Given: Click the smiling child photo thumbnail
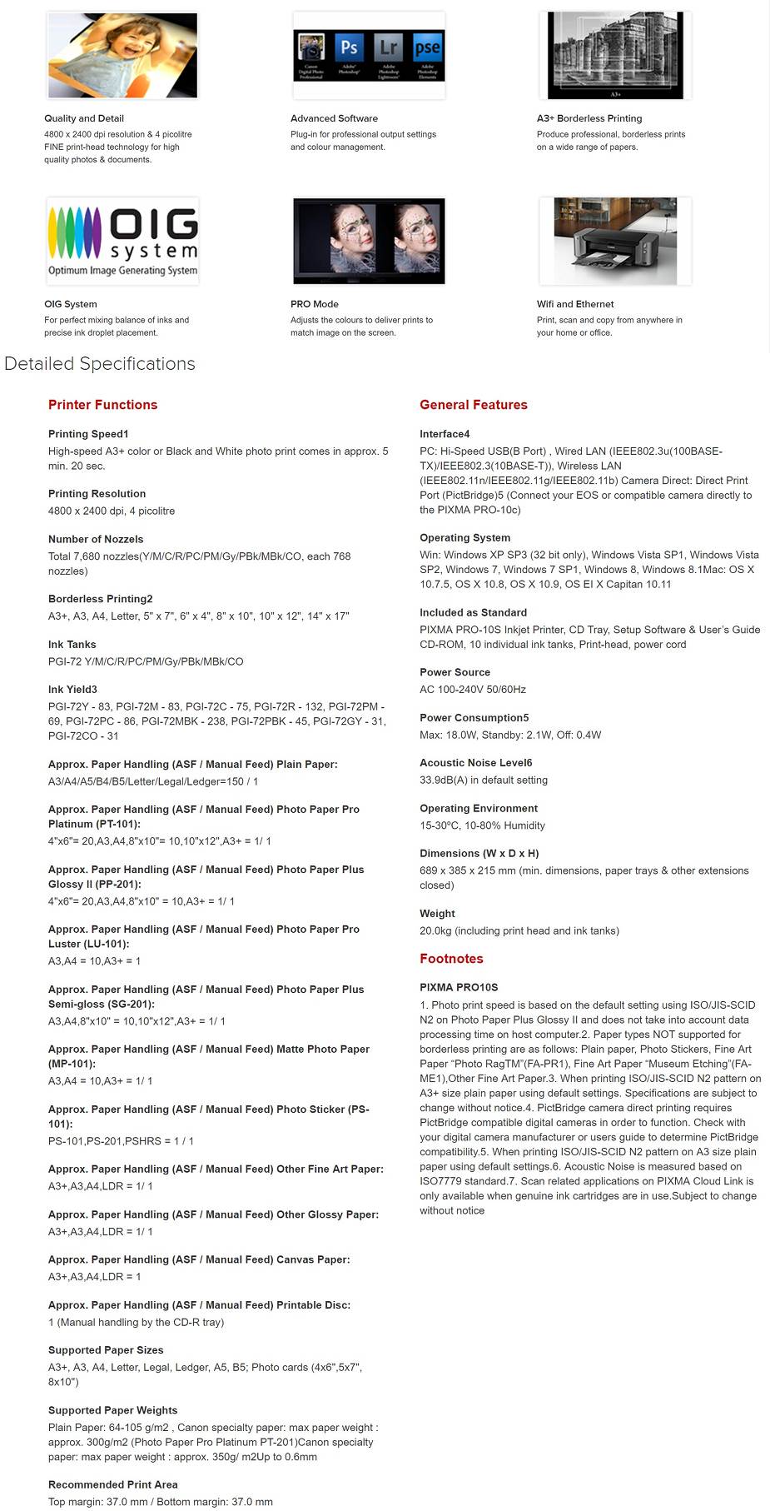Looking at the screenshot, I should pos(122,55).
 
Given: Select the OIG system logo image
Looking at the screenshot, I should pos(122,241).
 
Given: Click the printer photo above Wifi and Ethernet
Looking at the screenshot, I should pos(615,241).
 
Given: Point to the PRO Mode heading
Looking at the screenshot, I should pos(315,304).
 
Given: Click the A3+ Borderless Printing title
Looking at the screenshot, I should pos(589,118).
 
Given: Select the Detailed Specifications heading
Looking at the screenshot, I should pos(100,363).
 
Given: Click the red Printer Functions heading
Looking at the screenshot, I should pos(102,405).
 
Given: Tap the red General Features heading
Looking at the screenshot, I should pos(474,405).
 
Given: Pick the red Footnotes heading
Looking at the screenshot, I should pos(451,959).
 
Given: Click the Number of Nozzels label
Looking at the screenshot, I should pos(96,539).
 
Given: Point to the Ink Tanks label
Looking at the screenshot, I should pos(72,645).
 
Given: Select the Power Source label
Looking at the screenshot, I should pos(455,672).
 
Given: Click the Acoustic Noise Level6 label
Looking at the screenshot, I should pos(476,763).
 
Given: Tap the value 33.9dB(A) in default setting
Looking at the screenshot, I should pos(484,780).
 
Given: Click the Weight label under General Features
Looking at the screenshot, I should pos(437,914).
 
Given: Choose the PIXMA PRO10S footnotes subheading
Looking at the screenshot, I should pos(459,987).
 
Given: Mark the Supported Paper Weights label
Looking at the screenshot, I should pos(112,1410).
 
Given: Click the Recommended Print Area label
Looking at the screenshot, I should pos(112,1484).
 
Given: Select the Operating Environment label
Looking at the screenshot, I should pos(479,808).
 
